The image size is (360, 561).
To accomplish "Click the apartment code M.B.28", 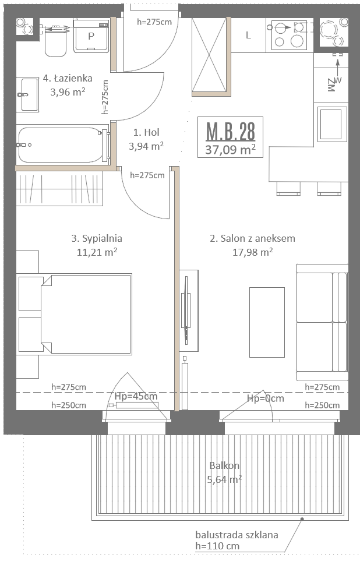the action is click(231, 131).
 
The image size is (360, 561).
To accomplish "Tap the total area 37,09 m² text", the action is click(231, 149).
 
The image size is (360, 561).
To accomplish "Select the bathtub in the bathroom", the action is click(63, 145).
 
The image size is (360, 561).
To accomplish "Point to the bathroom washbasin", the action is click(29, 94).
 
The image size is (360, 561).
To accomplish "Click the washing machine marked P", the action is click(91, 36).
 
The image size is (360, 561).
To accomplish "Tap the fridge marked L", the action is click(248, 35).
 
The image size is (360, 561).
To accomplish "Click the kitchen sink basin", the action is click(331, 124).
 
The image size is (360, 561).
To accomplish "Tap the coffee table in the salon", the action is click(267, 322).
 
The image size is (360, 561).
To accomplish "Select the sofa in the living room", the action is click(322, 322).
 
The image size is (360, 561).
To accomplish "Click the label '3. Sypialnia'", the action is click(97, 238).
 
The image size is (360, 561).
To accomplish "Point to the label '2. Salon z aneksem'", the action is click(253, 238).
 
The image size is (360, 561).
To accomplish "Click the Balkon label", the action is click(224, 465).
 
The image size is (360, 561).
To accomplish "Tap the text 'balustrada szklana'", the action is click(237, 535).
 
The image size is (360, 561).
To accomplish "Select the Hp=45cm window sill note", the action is click(136, 396).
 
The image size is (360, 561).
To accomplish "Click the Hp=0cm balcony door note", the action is click(266, 398).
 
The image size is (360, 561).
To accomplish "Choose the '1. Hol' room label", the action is click(146, 132).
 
